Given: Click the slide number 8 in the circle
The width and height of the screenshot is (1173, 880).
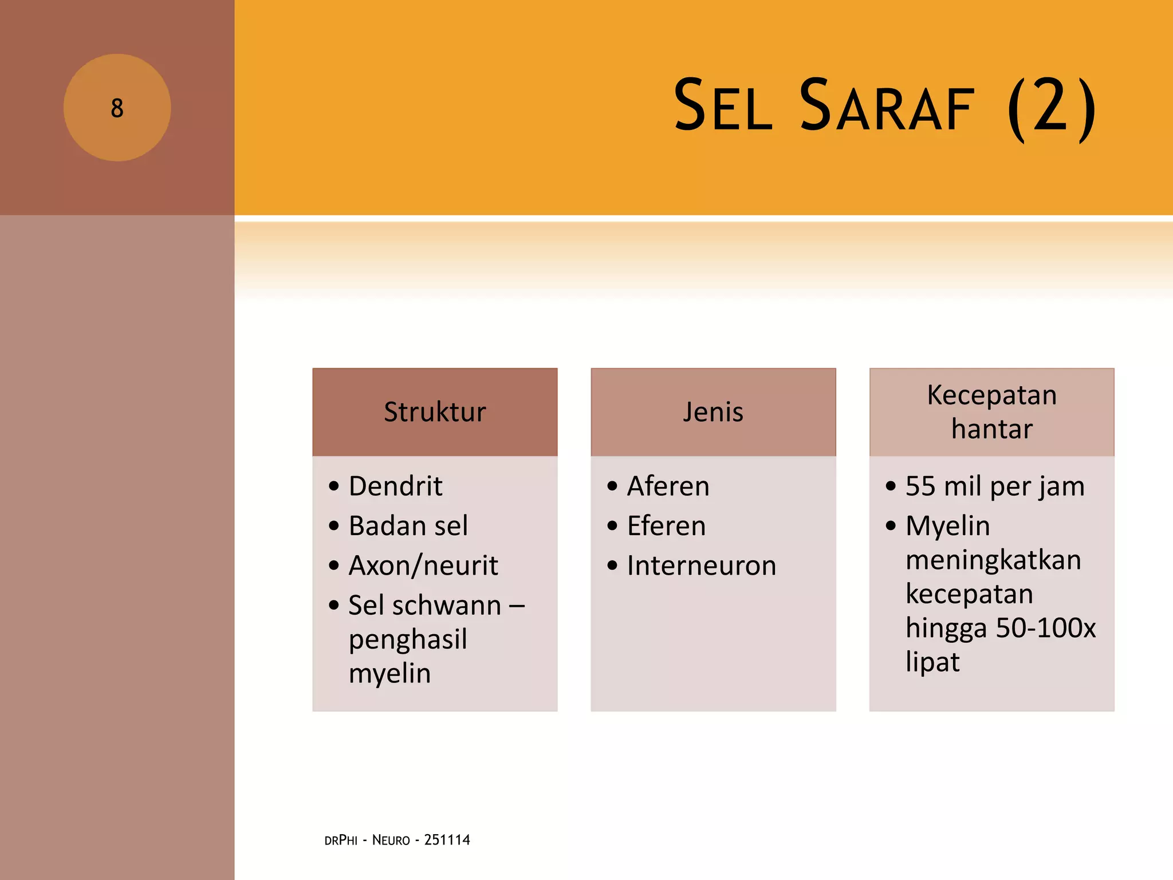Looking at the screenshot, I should point(117,108).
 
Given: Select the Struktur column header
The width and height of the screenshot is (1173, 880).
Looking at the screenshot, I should point(435,412).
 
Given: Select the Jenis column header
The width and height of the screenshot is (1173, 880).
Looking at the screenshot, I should point(713,412).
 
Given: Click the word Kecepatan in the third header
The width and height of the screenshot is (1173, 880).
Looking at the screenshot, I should point(991,395).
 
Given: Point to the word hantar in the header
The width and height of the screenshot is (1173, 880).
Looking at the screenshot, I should point(991,429).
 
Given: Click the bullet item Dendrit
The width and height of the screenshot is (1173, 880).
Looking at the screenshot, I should point(395,486).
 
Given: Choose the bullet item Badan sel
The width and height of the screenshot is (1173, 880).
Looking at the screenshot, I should point(408,526).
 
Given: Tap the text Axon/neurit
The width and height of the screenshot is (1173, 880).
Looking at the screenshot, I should point(423,565).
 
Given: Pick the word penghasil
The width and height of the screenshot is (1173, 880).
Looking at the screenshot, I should point(408,639).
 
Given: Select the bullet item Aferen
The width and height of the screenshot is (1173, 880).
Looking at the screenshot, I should point(668,486).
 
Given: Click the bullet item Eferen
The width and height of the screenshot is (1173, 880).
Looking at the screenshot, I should point(666,526).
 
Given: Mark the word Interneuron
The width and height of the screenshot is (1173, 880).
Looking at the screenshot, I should point(702,565).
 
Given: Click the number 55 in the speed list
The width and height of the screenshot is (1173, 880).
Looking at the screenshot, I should point(920,486).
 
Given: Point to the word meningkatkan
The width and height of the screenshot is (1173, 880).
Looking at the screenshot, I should point(993,560).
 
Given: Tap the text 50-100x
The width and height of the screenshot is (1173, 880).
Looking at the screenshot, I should point(1045,628).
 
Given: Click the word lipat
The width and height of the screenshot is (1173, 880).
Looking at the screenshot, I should point(932,662).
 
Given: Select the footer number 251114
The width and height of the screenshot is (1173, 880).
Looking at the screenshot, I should point(447,840).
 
